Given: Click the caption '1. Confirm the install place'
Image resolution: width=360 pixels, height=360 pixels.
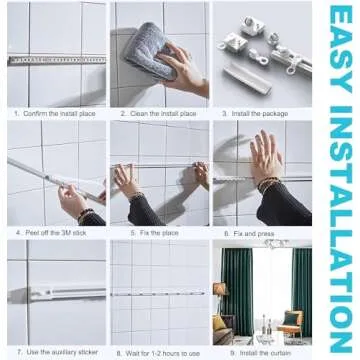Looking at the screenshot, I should click(x=54, y=114).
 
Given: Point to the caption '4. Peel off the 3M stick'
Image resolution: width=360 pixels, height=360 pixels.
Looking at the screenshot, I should click(x=50, y=232).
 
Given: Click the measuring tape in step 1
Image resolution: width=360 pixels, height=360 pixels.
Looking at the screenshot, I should click(x=54, y=60).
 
